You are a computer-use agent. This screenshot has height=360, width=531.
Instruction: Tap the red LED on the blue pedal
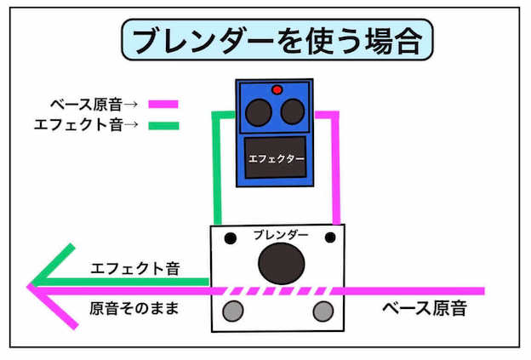[277, 89]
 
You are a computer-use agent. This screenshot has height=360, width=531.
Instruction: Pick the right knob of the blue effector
[292, 111]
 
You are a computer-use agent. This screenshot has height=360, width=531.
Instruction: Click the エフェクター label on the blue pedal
[275, 158]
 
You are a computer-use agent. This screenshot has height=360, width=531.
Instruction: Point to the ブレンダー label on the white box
[281, 233]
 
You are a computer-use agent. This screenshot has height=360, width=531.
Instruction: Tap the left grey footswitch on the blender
[232, 310]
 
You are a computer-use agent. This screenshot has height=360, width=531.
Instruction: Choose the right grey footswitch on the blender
[323, 310]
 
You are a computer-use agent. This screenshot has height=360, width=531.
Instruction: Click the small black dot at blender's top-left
[228, 237]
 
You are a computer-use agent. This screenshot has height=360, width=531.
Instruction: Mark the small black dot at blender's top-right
[331, 236]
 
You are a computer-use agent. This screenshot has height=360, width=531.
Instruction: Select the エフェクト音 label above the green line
[134, 268]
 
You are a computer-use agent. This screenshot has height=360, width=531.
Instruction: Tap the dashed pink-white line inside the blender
[277, 290]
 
